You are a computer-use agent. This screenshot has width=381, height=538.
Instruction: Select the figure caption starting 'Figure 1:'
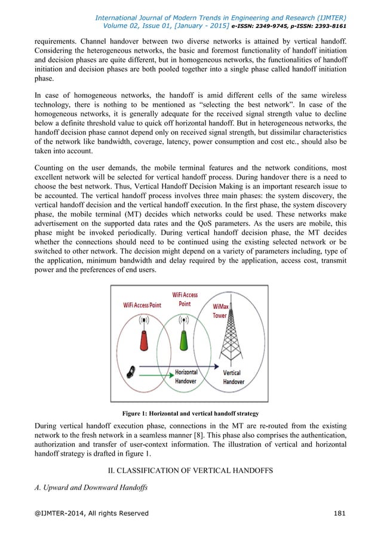(190, 413)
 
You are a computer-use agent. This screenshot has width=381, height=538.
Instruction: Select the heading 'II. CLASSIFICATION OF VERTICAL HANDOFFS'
(190, 471)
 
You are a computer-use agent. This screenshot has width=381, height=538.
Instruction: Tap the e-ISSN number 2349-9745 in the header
(271, 26)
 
